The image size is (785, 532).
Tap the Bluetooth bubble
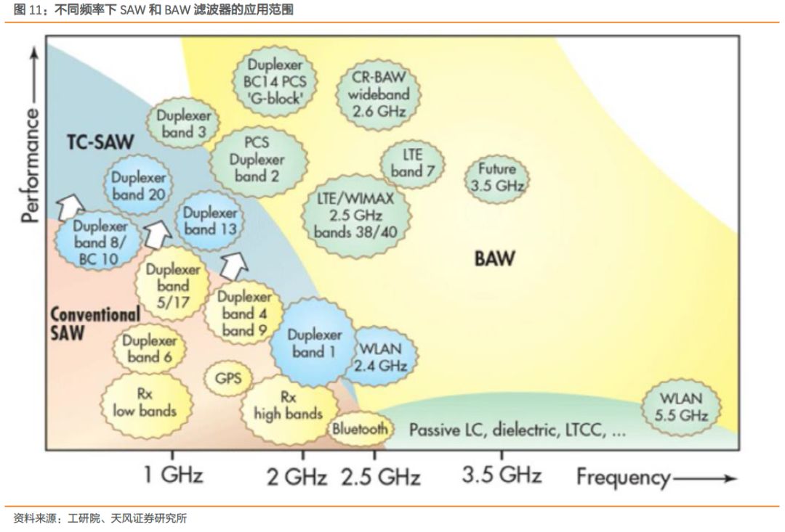(360, 428)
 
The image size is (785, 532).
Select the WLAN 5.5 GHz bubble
(681, 407)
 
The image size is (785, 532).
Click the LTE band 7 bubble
(412, 163)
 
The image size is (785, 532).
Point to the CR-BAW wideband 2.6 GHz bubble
(379, 94)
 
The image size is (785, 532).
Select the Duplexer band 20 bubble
(138, 187)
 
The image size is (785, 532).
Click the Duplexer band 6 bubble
(150, 349)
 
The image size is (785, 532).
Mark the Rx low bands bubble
(144, 402)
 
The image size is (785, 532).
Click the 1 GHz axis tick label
(173, 475)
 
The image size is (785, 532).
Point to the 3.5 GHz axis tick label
(502, 475)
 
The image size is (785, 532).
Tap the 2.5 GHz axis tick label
(381, 478)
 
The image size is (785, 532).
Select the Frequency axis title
(623, 477)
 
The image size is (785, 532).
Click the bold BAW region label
(494, 258)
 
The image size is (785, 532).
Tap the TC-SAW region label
(100, 142)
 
